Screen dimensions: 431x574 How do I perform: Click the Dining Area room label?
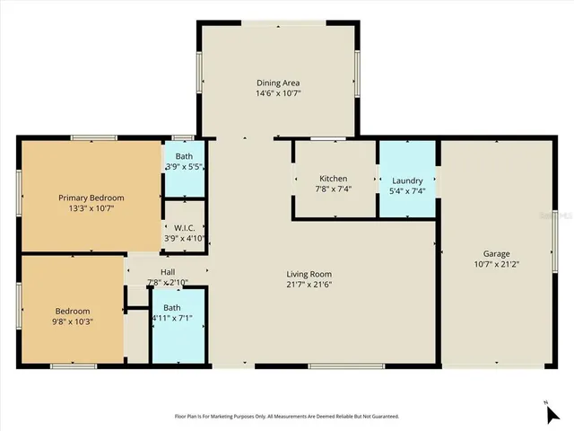point(278,82)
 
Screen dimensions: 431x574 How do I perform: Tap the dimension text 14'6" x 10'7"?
point(278,92)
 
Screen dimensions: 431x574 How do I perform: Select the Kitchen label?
point(332,177)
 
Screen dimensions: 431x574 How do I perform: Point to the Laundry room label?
point(406,180)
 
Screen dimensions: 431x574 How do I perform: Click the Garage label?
point(496,254)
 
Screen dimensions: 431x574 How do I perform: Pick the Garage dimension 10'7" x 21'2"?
point(496,265)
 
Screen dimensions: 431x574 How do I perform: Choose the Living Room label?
point(309,275)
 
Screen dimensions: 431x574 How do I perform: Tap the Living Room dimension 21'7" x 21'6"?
point(309,286)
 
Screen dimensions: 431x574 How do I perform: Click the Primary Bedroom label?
point(91,198)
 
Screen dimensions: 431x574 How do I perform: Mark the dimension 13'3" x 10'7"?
point(91,208)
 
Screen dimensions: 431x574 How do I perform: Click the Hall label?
point(168,272)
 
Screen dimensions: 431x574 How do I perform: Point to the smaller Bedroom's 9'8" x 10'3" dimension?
point(71,321)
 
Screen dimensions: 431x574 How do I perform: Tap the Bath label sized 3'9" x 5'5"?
point(184,156)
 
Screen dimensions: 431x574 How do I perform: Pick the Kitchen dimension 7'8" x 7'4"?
point(332,189)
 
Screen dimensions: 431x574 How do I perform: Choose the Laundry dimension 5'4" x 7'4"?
point(406,191)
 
